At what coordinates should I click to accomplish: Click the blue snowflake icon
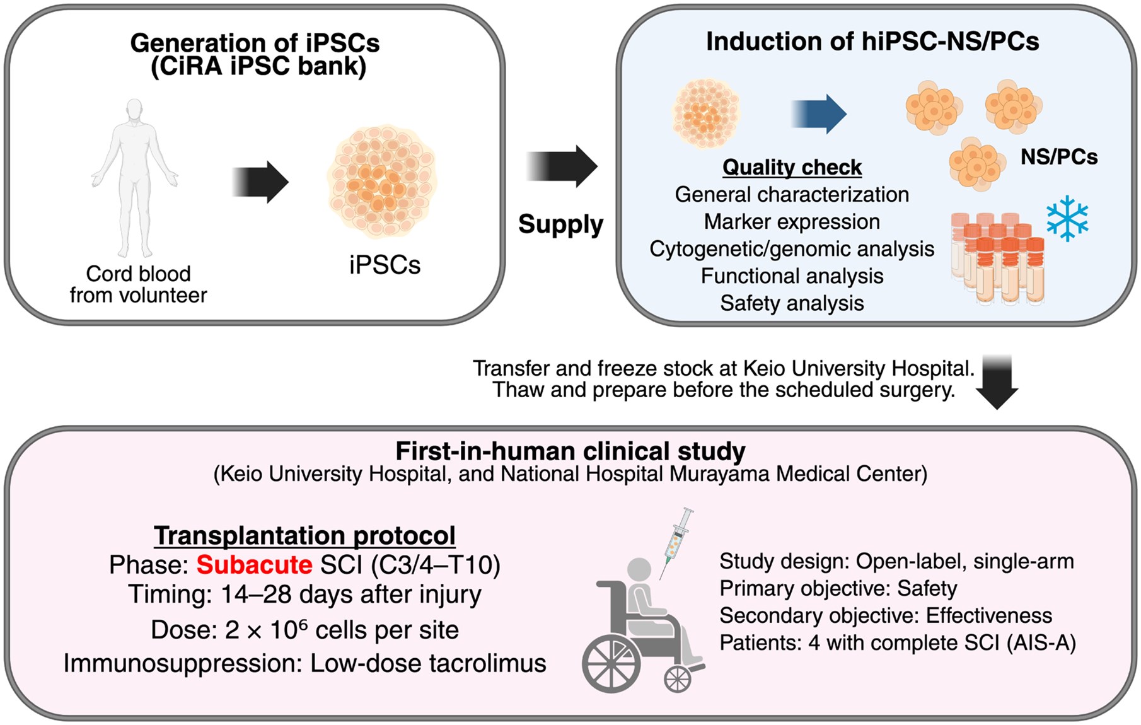(x=1067, y=219)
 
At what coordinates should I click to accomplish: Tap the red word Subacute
(x=254, y=565)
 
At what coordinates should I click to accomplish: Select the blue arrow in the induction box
(x=819, y=114)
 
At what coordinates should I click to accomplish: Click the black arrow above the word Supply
(x=562, y=166)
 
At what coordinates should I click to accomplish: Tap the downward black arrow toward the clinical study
(x=997, y=382)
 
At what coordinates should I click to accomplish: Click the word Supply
(x=560, y=224)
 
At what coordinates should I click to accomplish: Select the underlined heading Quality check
(x=792, y=167)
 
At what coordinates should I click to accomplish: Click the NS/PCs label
(x=1058, y=156)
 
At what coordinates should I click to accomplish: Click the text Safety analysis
(x=792, y=303)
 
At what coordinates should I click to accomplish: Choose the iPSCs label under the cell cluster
(x=385, y=265)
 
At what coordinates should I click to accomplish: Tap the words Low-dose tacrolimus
(x=428, y=663)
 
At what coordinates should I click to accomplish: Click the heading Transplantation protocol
(x=304, y=535)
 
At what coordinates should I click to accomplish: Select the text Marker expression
(x=792, y=222)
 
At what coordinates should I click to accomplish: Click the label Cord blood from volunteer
(x=138, y=284)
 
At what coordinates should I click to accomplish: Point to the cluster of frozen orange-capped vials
(x=997, y=258)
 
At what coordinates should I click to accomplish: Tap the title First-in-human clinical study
(x=570, y=451)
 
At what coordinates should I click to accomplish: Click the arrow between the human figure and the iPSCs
(x=260, y=182)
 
